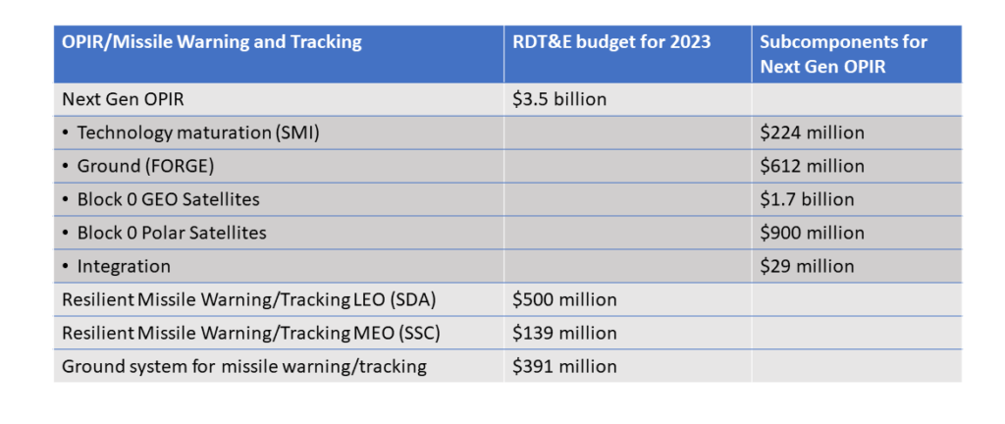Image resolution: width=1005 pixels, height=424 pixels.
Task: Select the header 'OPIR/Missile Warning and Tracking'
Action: pos(211,42)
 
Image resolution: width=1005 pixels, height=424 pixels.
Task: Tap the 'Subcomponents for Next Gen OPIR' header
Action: pos(844,54)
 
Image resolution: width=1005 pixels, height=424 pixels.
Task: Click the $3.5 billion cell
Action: pos(559,99)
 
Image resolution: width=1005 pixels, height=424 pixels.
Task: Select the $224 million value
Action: pos(812,132)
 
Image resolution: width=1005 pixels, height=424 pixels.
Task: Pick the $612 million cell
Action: pos(812,166)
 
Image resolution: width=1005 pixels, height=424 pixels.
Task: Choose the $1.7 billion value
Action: pos(807,199)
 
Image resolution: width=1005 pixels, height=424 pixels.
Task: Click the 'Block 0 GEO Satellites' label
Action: pos(168,199)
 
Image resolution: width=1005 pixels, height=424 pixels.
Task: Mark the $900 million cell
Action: pos(812,233)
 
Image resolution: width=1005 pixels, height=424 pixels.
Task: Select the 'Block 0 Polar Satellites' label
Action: pos(172,233)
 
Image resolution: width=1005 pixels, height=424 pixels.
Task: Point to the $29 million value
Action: pos(807,266)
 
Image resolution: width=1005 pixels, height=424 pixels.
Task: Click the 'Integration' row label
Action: pos(124,266)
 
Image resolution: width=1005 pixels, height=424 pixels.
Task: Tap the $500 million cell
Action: pos(564,299)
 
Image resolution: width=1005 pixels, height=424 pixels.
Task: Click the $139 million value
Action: pos(564,333)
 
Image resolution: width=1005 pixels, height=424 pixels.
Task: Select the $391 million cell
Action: pos(564,366)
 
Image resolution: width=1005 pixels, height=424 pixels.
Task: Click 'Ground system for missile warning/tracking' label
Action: pos(243,366)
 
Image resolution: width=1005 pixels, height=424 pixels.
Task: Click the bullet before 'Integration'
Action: pos(66,266)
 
